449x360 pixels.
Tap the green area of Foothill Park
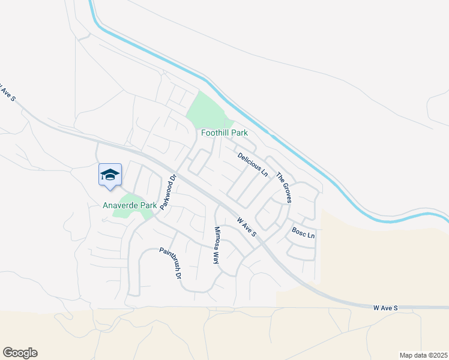click(206, 110)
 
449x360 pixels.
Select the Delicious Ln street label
click(252, 164)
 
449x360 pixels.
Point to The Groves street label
click(283, 187)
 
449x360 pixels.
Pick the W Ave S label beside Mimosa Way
click(247, 227)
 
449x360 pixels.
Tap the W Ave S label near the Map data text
click(385, 308)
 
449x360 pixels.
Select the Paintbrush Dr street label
click(170, 265)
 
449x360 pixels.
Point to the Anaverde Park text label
click(129, 205)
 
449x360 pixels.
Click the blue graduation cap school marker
click(110, 175)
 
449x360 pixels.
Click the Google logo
click(20, 353)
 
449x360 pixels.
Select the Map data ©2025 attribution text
click(423, 355)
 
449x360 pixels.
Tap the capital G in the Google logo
click(8, 353)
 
